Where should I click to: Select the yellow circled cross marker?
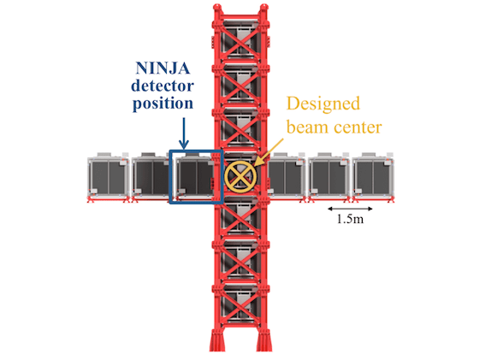click(x=241, y=177)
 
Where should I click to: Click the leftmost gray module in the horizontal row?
click(x=108, y=177)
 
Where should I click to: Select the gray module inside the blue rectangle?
click(x=196, y=177)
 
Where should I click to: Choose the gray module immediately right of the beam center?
click(x=286, y=177)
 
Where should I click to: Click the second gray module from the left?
click(x=151, y=177)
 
